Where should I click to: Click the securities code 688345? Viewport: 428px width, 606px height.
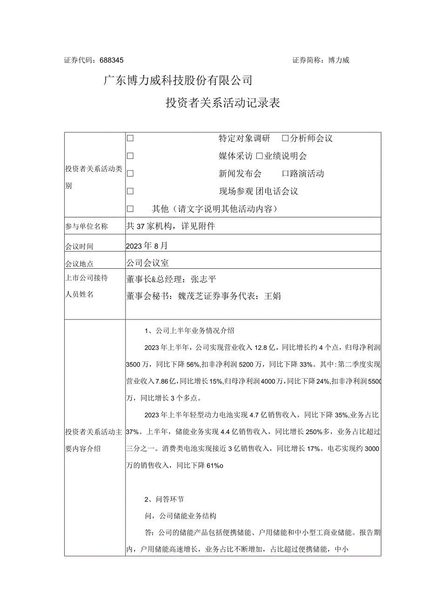(x=111, y=60)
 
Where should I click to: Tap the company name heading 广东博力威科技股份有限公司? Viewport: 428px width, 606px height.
(x=178, y=81)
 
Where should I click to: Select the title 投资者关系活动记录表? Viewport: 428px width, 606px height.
(x=223, y=103)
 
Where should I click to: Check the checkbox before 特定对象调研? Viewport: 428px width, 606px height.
(x=130, y=138)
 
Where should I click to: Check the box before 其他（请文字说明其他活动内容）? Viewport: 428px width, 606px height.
(x=130, y=209)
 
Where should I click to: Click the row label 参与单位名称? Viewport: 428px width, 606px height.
(x=87, y=227)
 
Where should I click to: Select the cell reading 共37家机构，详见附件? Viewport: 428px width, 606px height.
(x=170, y=226)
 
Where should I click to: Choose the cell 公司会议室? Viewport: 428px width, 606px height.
(x=147, y=263)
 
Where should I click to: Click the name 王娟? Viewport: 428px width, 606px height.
(x=272, y=296)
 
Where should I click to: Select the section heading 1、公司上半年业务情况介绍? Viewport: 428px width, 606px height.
(x=189, y=331)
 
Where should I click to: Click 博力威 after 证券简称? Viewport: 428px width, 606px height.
(x=338, y=60)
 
